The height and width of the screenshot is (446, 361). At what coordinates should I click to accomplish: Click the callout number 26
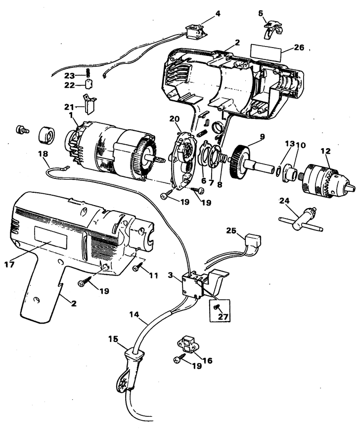[x=299, y=48]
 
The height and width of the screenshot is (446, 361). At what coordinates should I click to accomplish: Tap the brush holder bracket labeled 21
[x=90, y=105]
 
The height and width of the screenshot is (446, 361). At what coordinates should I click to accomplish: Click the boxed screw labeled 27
[x=217, y=308]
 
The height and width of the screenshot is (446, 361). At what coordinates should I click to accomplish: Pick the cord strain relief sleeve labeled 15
[x=135, y=358]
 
